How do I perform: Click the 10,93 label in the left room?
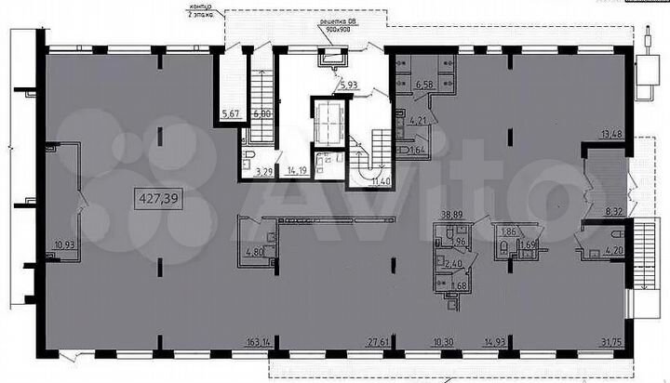(x=64, y=245)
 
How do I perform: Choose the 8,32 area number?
(x=611, y=212)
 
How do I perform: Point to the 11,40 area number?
(x=381, y=180)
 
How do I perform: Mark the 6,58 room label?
(x=424, y=86)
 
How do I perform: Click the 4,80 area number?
(x=254, y=251)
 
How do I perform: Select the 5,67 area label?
(x=229, y=114)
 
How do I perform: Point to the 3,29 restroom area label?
(x=264, y=171)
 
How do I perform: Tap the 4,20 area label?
(x=611, y=250)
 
